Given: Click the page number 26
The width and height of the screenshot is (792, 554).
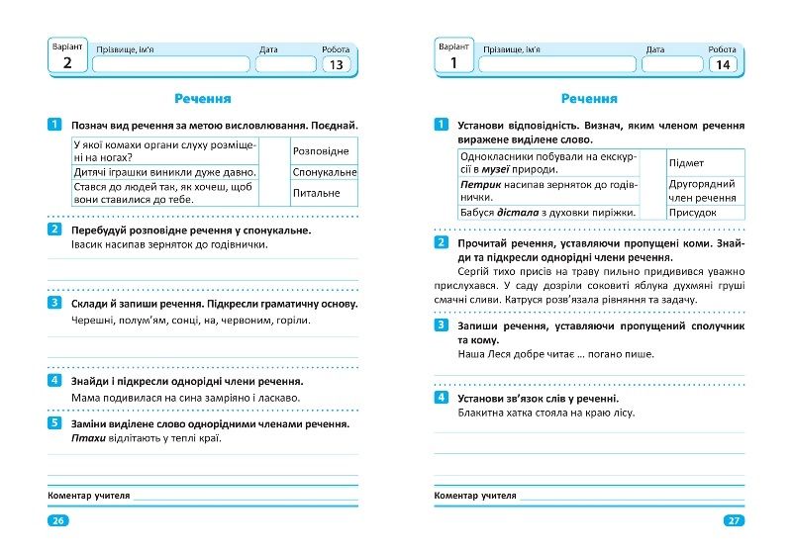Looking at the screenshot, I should (58, 521).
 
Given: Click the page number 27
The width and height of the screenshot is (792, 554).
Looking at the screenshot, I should (734, 521).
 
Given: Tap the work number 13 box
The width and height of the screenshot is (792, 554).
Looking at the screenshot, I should (337, 65).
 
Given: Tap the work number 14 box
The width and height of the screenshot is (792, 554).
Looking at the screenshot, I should (723, 65).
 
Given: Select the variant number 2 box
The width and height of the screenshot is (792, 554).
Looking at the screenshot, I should (67, 63).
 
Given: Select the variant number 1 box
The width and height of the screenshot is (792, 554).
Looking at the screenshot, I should (453, 63).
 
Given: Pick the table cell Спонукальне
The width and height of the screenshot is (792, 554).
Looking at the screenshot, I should (324, 172).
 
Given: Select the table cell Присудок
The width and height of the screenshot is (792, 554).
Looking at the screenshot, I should (692, 212).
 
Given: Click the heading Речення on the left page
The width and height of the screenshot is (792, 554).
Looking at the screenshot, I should (203, 99).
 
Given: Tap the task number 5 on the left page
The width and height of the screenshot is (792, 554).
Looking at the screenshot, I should (54, 423).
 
